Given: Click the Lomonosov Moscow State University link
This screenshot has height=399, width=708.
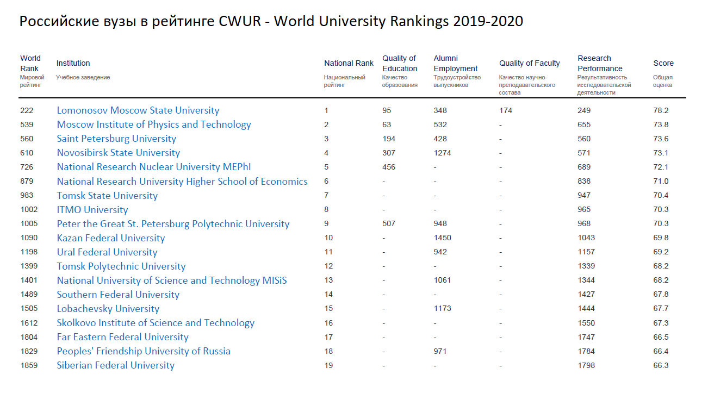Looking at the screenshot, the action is click(138, 110).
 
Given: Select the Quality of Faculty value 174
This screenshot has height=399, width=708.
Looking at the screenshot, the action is click(505, 110).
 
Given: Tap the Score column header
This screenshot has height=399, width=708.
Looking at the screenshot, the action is click(663, 63).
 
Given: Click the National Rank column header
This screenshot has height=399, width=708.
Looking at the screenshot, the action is click(349, 63).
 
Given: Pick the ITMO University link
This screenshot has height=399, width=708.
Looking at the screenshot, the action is click(92, 210).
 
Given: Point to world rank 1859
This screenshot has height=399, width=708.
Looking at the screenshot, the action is click(29, 365).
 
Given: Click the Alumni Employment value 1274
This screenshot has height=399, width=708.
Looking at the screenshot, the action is click(442, 153).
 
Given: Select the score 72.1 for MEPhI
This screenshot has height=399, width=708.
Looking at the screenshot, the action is click(661, 167).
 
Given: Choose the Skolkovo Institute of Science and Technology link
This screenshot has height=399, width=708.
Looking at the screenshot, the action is click(156, 323).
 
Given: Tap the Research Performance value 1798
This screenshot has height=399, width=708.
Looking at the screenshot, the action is click(586, 365).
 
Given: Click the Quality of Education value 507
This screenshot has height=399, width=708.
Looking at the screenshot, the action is click(389, 223).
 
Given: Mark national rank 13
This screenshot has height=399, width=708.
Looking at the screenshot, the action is click(328, 280).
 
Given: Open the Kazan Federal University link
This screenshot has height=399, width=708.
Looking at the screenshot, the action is click(110, 238).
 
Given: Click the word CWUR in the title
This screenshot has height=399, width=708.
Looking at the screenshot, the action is click(240, 22).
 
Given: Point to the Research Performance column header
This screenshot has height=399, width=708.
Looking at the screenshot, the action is click(600, 64).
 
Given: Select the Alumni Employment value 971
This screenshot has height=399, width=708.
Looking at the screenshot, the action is click(440, 351).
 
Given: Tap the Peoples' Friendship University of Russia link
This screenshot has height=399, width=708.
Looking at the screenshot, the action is click(144, 351).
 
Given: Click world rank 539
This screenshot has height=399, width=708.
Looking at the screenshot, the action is click(27, 125).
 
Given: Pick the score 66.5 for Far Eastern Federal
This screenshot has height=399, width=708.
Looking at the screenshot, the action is click(661, 337).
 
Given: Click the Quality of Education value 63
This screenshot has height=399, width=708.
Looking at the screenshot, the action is click(387, 125).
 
